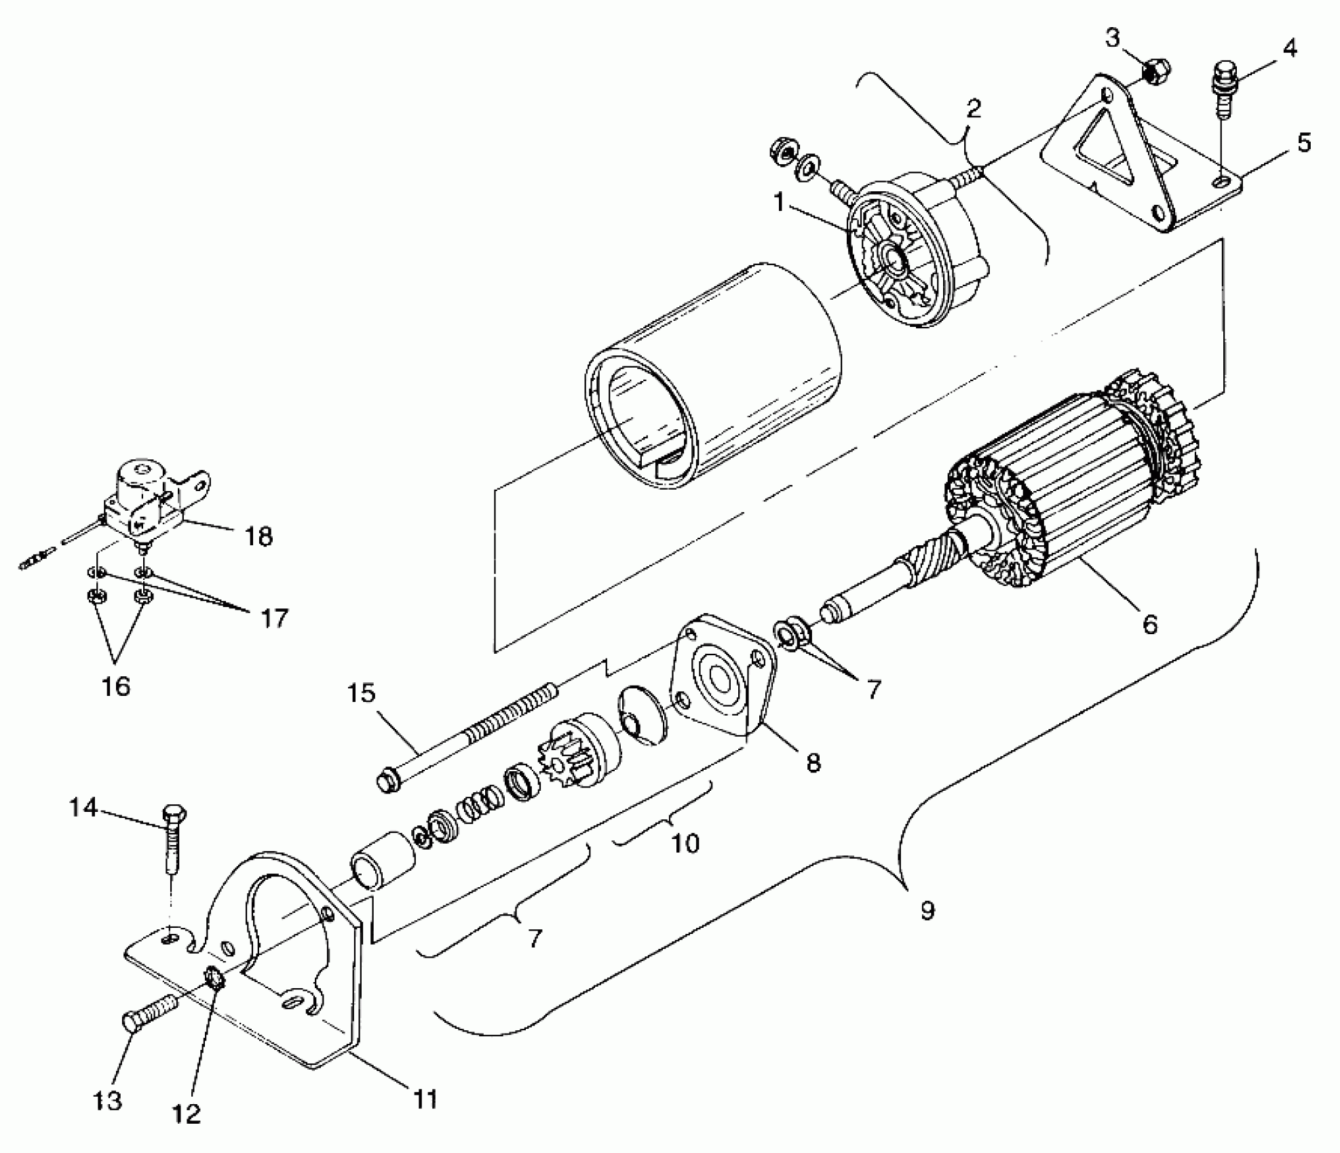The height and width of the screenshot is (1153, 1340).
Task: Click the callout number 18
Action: coord(259,536)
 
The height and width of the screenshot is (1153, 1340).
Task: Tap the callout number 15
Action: coord(361,694)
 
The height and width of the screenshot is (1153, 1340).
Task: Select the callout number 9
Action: coord(927,911)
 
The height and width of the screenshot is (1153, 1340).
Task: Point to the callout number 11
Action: coord(425,1099)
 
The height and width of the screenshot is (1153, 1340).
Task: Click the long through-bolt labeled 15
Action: coord(468,736)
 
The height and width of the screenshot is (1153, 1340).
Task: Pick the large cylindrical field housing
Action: coord(712,380)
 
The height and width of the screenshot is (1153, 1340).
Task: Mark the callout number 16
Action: coord(116,686)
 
